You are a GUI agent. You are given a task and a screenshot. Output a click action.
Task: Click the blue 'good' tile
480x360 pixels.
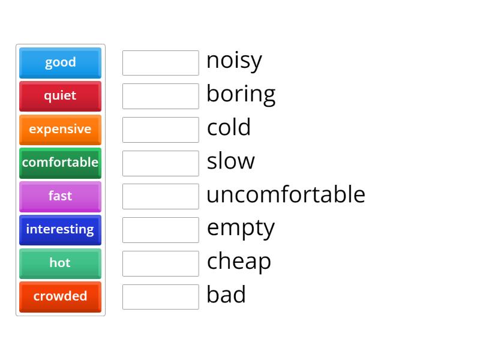pos(60,62)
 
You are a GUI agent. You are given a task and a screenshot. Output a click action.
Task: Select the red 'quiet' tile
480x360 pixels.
pos(60,96)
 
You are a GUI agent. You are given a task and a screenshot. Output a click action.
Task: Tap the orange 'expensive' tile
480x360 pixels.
pos(60,130)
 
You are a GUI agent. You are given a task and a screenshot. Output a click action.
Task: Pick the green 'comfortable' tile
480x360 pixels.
pos(60,163)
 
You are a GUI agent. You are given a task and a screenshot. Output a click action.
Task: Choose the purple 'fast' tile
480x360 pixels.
pos(60,196)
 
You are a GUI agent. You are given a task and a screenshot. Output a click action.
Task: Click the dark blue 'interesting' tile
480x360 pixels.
pos(60,230)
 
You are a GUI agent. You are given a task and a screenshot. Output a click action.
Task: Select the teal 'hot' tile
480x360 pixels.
pos(60,263)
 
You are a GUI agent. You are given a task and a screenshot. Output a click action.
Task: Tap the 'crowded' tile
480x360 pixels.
pos(60,296)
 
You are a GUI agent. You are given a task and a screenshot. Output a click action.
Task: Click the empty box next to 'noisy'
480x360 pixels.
pos(160,63)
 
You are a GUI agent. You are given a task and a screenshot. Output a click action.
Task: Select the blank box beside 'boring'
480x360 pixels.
pos(160,96)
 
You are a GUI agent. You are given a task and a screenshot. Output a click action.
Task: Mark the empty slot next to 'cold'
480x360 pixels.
pos(160,130)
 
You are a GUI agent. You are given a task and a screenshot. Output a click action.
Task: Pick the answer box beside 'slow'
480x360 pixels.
pos(160,163)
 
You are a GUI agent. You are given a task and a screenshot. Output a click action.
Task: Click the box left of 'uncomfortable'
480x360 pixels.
pos(160,196)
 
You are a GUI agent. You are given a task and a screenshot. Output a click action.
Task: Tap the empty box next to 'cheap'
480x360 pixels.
pos(160,263)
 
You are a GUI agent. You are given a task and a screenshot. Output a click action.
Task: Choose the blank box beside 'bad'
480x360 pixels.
pos(160,297)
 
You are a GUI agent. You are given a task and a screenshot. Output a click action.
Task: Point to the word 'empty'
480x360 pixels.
pos(241,229)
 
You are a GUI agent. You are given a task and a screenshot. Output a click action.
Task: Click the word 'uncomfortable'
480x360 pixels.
pos(286,194)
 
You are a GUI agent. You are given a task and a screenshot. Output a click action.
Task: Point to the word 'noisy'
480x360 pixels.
pos(234,61)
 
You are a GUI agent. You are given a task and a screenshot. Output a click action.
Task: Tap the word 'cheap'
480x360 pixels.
pos(239,262)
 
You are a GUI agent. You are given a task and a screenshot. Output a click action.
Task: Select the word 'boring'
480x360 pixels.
pos(241,94)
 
